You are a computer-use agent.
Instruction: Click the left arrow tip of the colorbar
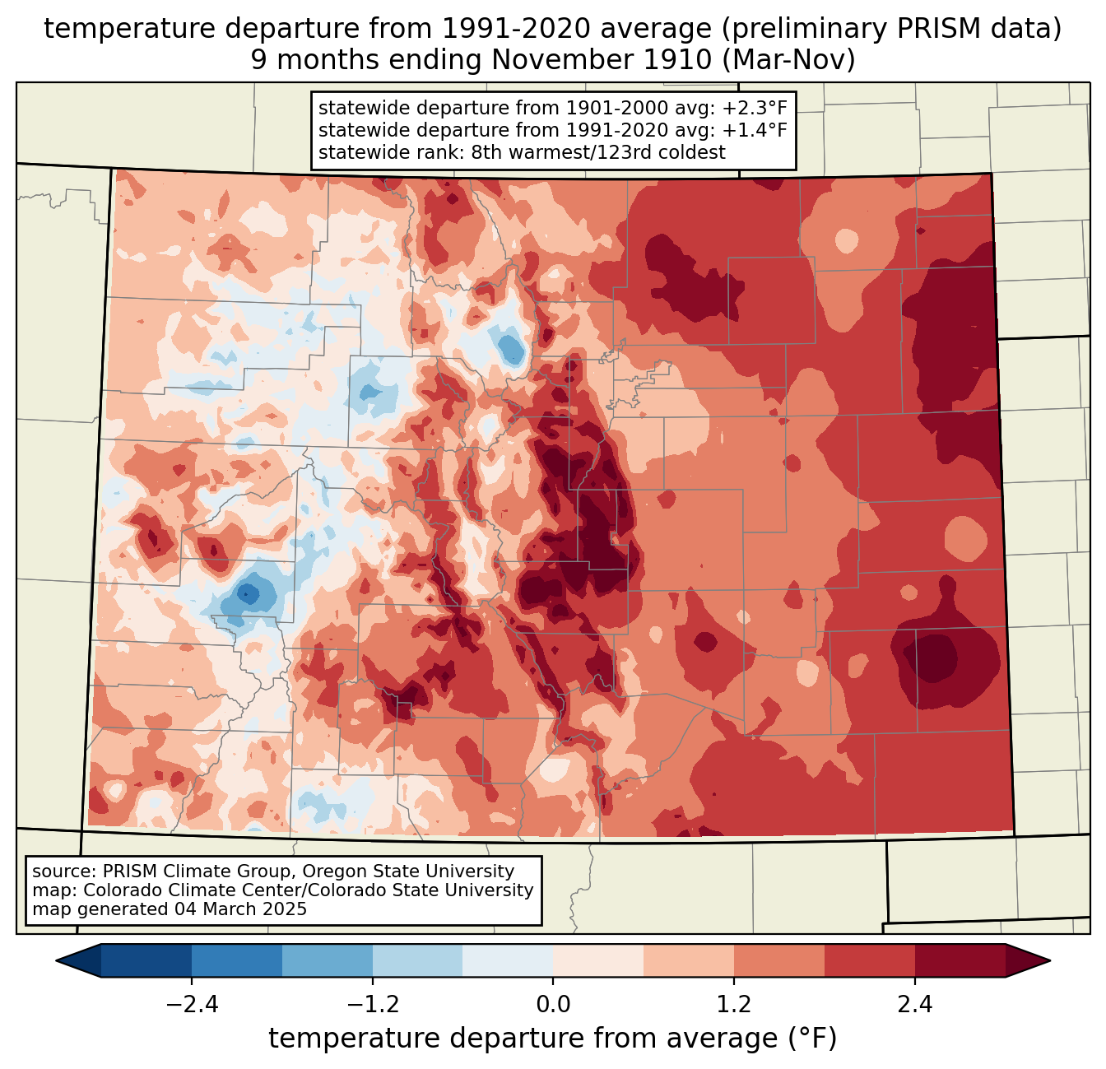(x=56, y=961)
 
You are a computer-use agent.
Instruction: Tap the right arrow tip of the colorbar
(x=1050, y=961)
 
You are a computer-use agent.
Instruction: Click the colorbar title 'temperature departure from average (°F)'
(x=552, y=1039)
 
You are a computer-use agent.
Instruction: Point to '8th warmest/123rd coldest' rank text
(x=598, y=152)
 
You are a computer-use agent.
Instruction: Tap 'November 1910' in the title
(x=602, y=60)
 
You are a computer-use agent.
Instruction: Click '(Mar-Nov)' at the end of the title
(x=788, y=60)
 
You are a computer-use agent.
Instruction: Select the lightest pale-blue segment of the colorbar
(x=508, y=961)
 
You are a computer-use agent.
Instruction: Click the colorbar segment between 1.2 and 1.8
(x=779, y=961)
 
